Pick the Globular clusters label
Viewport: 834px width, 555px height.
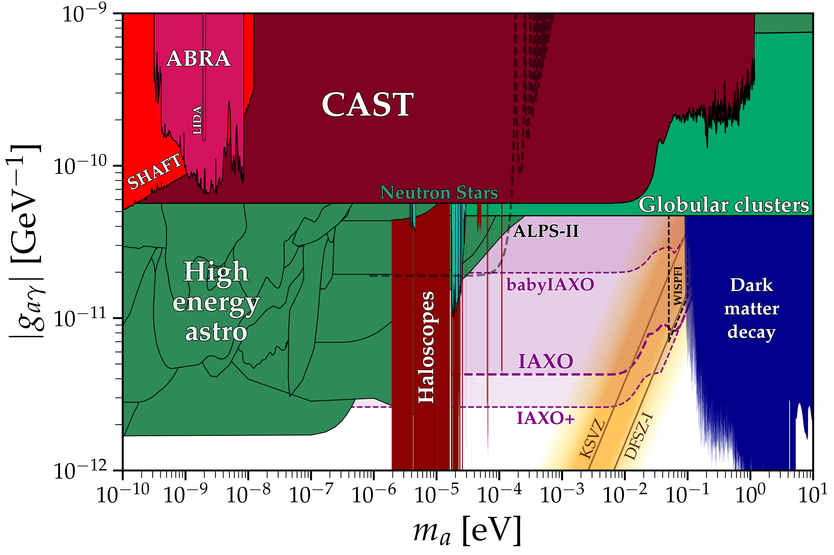(724, 205)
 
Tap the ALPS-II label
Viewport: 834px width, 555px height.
(546, 232)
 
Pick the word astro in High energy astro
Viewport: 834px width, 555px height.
(216, 333)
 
